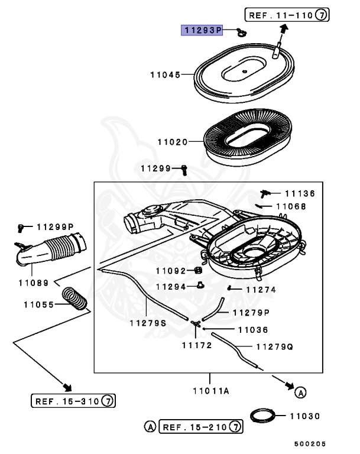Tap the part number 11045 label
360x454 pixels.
click(x=165, y=75)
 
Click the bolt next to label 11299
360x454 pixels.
click(x=184, y=169)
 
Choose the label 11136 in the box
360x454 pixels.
click(x=300, y=193)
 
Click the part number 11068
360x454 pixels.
click(x=291, y=206)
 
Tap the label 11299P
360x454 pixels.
click(x=54, y=226)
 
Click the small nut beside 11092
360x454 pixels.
click(x=192, y=271)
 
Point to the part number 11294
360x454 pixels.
click(x=171, y=287)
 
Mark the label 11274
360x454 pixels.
click(x=261, y=290)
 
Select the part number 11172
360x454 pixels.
click(x=196, y=345)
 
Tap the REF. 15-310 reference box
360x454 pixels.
click(x=73, y=401)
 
